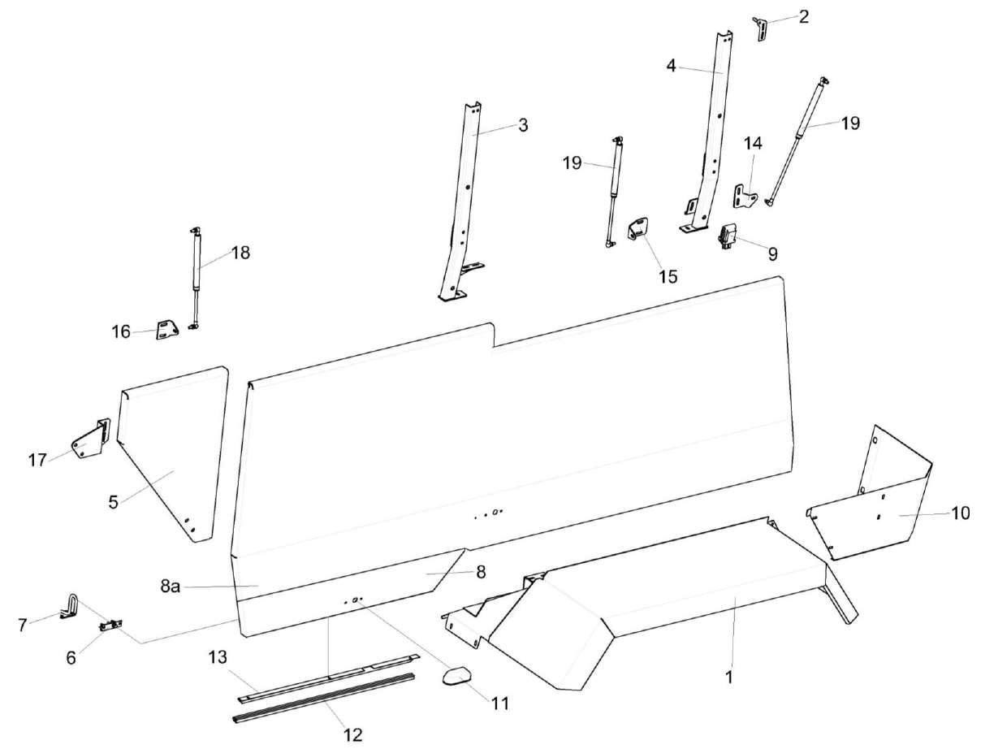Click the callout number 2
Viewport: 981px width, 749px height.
(x=803, y=16)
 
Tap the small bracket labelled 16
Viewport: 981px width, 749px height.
(x=167, y=331)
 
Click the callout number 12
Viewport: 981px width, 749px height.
(x=352, y=734)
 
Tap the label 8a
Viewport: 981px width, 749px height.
(x=170, y=586)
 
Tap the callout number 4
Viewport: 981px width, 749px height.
(x=672, y=66)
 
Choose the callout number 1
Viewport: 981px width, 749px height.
(x=728, y=675)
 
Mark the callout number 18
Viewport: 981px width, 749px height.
(x=240, y=253)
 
